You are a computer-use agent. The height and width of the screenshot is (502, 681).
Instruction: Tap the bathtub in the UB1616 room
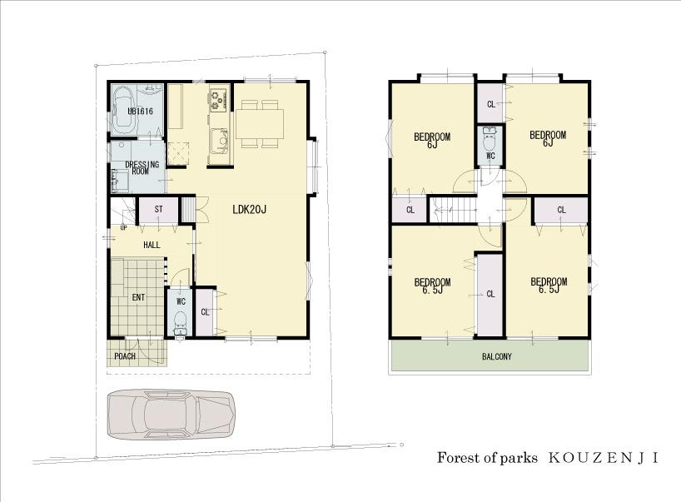[123, 108]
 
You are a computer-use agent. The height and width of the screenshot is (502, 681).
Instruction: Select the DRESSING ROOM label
[142, 168]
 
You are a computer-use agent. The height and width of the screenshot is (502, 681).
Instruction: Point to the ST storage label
[157, 209]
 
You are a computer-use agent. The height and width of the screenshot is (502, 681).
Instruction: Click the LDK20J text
[249, 209]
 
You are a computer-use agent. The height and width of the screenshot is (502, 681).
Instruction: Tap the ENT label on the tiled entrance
[137, 296]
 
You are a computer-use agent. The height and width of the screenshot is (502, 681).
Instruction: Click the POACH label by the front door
[126, 356]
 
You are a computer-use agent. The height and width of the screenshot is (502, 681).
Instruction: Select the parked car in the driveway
[171, 414]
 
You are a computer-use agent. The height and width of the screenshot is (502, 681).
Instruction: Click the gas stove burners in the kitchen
[218, 100]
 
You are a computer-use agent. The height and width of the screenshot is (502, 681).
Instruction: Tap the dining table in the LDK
[259, 123]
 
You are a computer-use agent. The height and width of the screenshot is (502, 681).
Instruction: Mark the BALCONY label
[496, 356]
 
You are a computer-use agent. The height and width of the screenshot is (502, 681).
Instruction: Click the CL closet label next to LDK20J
[205, 312]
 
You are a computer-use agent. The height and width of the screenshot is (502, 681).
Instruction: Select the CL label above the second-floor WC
[490, 104]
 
